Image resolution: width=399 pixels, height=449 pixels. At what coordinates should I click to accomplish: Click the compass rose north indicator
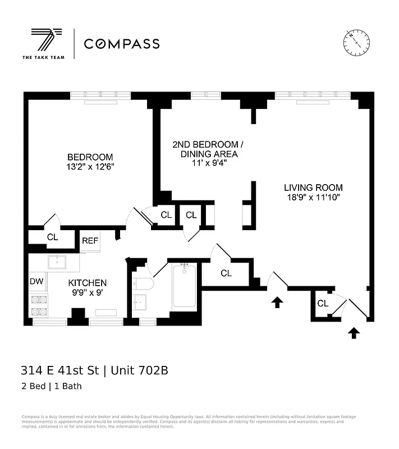(x=356, y=41)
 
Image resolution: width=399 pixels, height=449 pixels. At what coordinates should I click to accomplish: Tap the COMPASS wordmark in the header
(x=121, y=44)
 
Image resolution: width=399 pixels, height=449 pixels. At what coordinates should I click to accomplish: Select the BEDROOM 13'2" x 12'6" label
(x=90, y=162)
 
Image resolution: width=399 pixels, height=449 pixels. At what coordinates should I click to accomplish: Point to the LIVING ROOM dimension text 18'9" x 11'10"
(x=313, y=198)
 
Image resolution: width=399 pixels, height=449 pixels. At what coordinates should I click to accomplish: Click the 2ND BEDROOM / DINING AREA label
(x=205, y=154)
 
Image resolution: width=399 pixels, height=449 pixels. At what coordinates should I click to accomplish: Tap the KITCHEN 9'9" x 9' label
(x=88, y=287)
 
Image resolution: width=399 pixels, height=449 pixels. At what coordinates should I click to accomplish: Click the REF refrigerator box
(x=90, y=241)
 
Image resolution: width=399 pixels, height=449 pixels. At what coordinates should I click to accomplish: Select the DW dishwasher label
(x=36, y=281)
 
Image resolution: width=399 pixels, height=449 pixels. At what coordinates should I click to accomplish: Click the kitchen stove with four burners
(x=38, y=306)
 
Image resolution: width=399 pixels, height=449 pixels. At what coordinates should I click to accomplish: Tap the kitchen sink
(x=57, y=262)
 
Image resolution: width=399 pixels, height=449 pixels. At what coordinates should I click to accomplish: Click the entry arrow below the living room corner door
(x=353, y=333)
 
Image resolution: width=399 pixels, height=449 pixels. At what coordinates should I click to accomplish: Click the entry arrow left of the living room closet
(x=277, y=303)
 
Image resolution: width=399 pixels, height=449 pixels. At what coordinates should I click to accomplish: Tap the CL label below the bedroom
(x=52, y=237)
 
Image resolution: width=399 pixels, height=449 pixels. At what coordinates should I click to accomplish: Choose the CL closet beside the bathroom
(x=226, y=273)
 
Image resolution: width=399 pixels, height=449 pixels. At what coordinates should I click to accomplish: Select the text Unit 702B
(x=139, y=370)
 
